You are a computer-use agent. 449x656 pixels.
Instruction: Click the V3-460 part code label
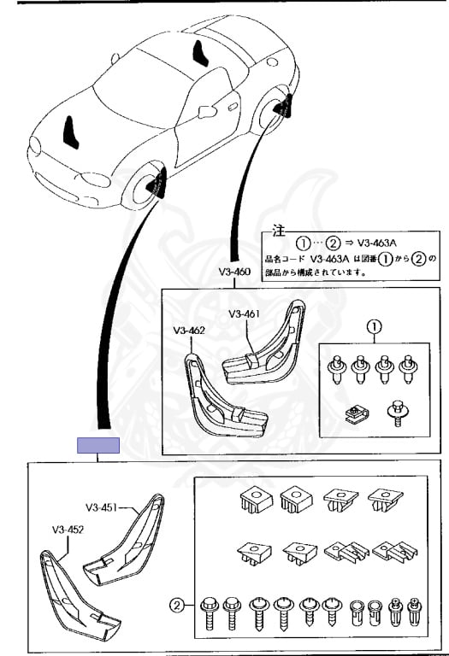tap(234, 272)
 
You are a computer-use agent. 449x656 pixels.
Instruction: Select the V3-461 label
tap(245, 313)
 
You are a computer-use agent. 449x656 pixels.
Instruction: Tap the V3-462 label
tap(189, 331)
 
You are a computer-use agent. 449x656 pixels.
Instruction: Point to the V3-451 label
tap(102, 508)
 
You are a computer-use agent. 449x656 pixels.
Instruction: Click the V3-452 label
tap(68, 530)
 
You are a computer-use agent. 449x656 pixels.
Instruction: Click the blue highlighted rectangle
tap(98, 446)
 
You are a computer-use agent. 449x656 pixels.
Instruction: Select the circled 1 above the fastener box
tap(374, 327)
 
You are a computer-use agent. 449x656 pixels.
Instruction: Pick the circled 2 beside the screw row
tap(177, 606)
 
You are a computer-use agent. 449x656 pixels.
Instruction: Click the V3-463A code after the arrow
tap(377, 243)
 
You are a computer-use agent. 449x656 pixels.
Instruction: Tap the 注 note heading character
tap(279, 231)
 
